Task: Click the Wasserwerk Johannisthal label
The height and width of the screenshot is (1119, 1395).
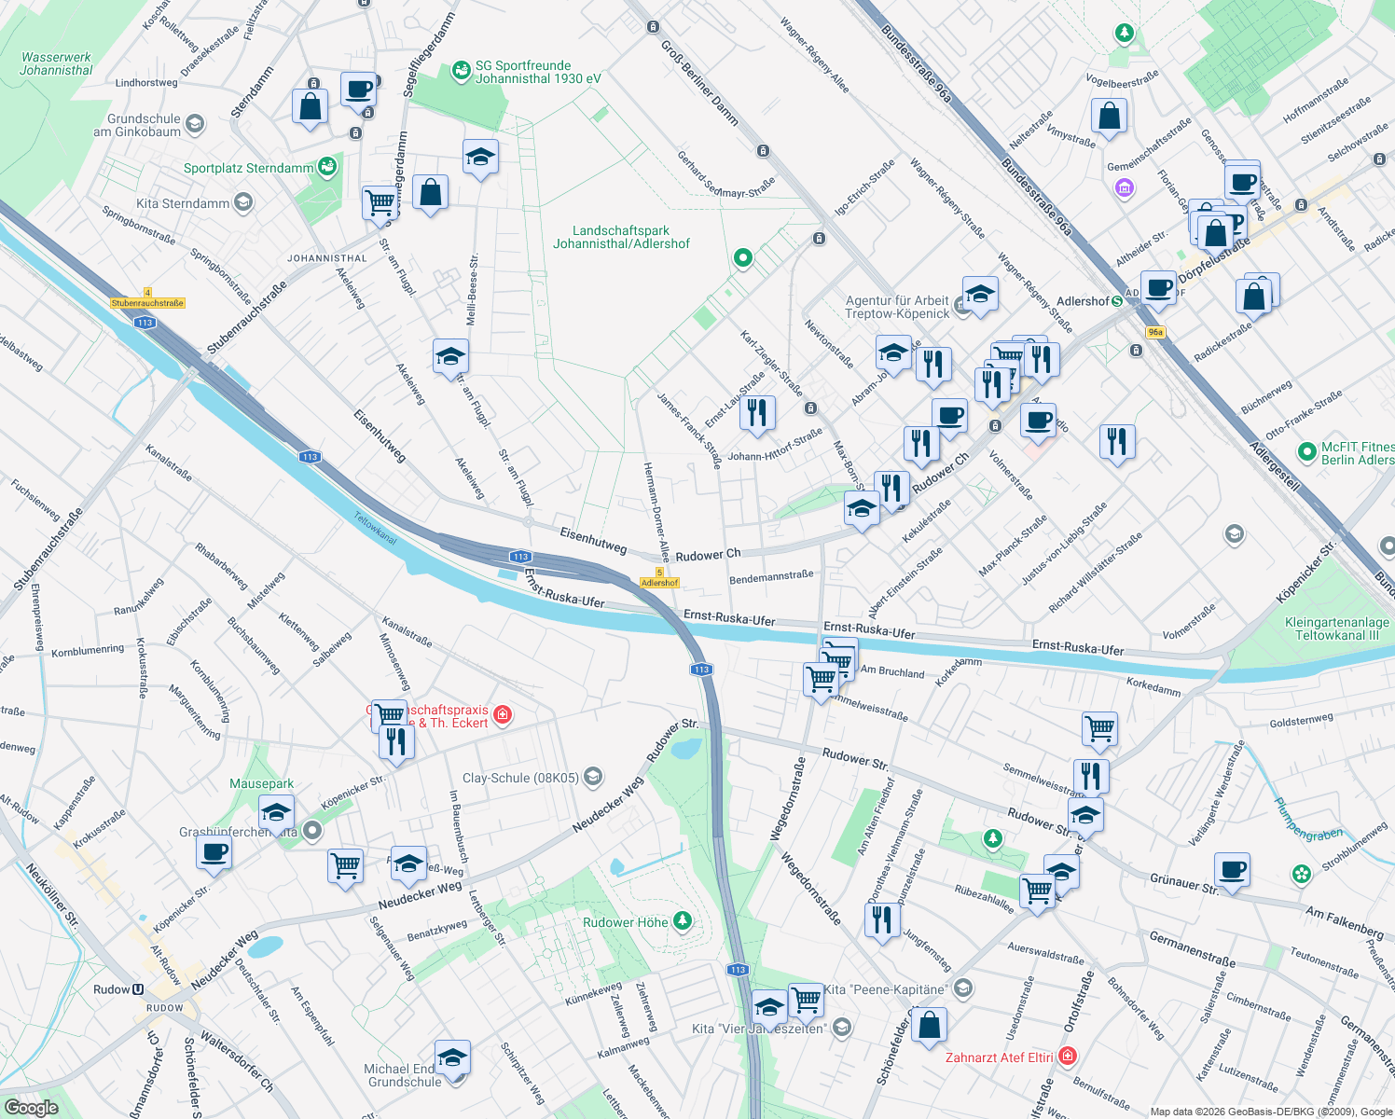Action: click(x=56, y=63)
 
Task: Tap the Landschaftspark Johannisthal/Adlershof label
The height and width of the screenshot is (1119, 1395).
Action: click(x=621, y=237)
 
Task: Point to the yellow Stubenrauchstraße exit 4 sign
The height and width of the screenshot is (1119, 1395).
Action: click(x=147, y=302)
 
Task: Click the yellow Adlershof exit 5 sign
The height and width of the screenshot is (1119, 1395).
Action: click(x=659, y=582)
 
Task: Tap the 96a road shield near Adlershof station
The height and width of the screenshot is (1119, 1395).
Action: click(x=1155, y=332)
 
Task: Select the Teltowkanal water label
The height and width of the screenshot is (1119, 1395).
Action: click(x=375, y=528)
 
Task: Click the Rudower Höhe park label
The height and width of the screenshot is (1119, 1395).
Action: click(x=626, y=922)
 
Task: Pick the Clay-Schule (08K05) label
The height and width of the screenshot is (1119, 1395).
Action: click(x=521, y=778)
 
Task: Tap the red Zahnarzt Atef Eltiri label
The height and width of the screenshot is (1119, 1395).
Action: click(x=1000, y=1057)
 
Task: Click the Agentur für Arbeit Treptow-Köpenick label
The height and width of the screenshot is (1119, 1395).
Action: click(x=897, y=307)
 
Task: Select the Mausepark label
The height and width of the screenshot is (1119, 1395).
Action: click(x=261, y=783)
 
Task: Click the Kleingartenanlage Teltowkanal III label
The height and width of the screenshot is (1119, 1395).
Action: click(x=1336, y=629)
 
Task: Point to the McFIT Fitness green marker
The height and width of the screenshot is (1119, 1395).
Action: click(x=1306, y=449)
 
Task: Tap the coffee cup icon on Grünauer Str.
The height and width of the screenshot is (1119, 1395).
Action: click(x=1232, y=871)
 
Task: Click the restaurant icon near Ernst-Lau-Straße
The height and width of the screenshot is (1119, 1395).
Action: click(x=757, y=412)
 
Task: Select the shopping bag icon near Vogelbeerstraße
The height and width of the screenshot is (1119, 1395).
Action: click(x=1109, y=117)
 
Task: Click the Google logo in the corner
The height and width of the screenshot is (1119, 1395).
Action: click(x=31, y=1107)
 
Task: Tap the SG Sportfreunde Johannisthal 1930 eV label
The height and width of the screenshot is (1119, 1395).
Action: click(x=538, y=72)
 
